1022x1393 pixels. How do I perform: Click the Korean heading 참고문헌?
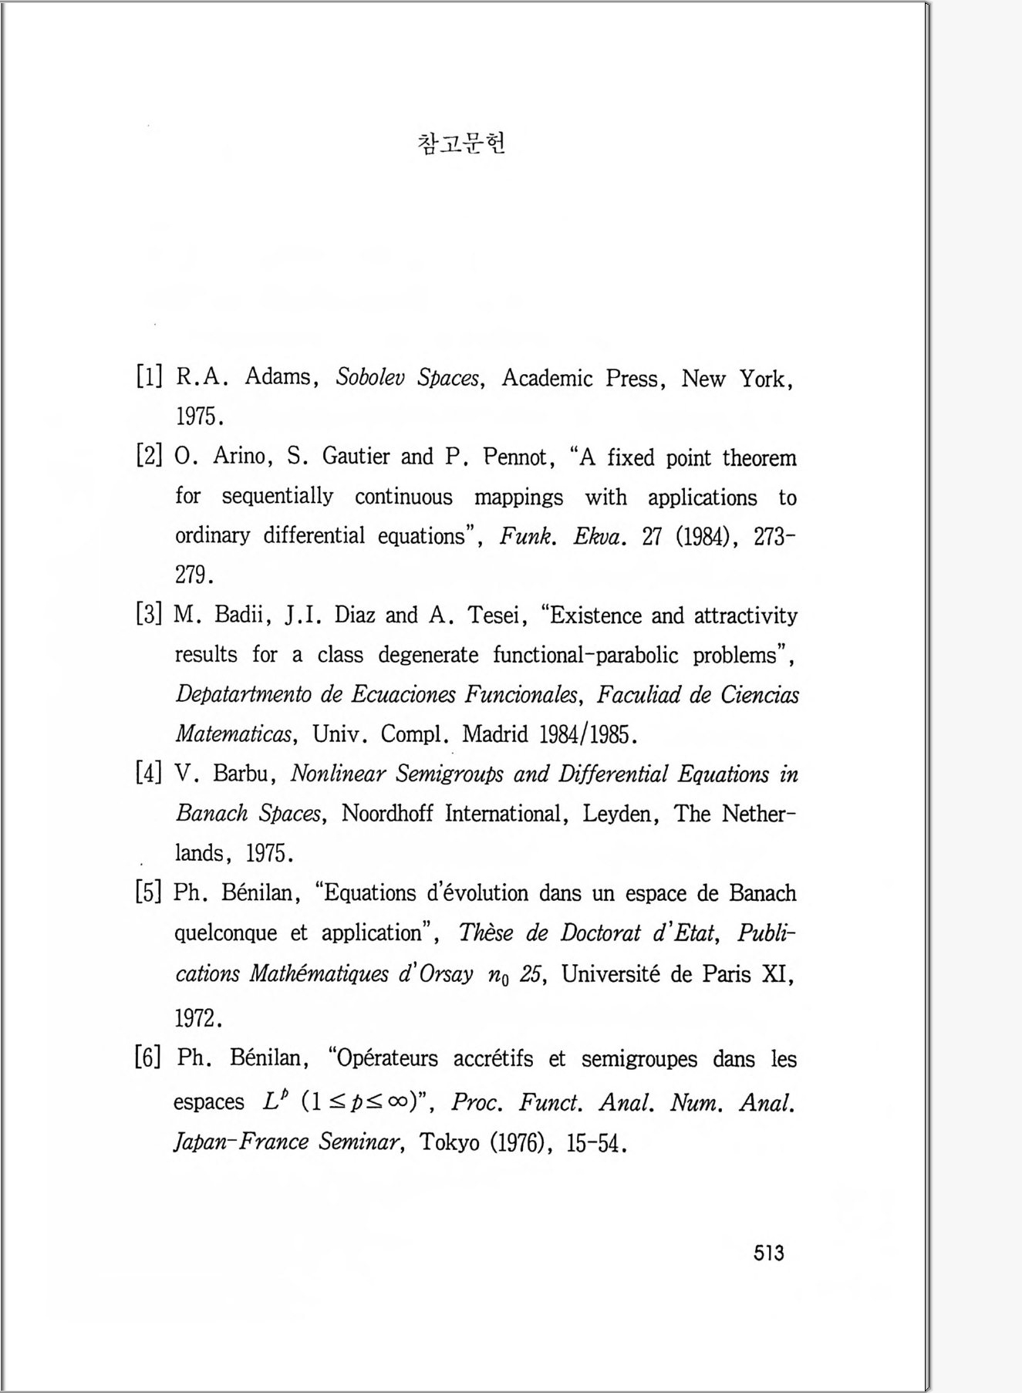(x=461, y=143)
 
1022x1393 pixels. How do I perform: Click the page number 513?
(x=768, y=1253)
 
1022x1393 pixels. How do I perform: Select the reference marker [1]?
(x=149, y=376)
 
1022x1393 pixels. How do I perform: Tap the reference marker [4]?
(x=148, y=773)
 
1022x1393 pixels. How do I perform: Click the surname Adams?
(x=277, y=377)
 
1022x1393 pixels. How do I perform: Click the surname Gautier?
(x=356, y=457)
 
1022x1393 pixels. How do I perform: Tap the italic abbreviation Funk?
(x=528, y=536)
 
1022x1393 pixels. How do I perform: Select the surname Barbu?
(x=245, y=773)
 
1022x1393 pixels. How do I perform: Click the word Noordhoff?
(x=386, y=814)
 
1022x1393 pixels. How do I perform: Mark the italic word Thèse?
(x=485, y=933)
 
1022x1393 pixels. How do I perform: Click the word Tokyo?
(x=450, y=1142)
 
